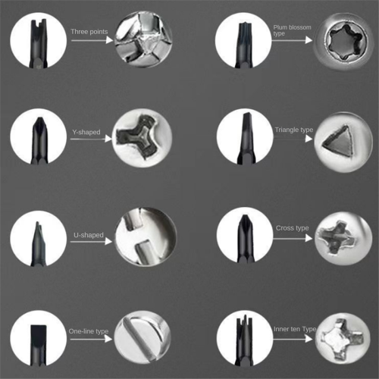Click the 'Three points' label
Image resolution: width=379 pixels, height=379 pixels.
pyautogui.click(x=89, y=32)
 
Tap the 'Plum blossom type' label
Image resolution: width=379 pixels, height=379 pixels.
pyautogui.click(x=292, y=30)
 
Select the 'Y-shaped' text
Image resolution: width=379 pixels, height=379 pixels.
pyautogui.click(x=86, y=132)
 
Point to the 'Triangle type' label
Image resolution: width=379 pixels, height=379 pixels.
pyautogui.click(x=294, y=130)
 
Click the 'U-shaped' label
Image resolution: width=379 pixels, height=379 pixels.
pyautogui.click(x=89, y=235)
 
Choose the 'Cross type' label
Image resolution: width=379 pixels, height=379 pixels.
pyautogui.click(x=292, y=228)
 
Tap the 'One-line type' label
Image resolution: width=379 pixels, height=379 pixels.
pyautogui.click(x=89, y=331)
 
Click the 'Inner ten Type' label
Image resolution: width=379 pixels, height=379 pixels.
pyautogui.click(x=295, y=329)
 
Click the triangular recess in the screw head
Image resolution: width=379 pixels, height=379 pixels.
pyautogui.click(x=338, y=141)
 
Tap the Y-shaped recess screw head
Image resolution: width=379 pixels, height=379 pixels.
pyautogui.click(x=142, y=138)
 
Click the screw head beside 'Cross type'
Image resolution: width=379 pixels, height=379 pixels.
pyautogui.click(x=343, y=238)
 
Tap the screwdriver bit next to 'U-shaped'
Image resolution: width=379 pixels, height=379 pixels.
pyautogui.click(x=39, y=244)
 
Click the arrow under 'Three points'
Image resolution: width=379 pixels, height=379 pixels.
pyautogui.click(x=92, y=40)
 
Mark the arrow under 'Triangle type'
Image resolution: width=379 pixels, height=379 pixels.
pyautogui.click(x=293, y=139)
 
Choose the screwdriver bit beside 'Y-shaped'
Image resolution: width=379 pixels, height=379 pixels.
pyautogui.click(x=39, y=140)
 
